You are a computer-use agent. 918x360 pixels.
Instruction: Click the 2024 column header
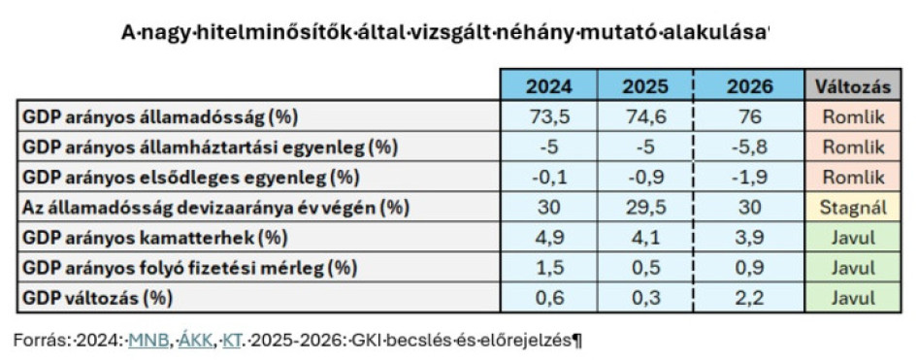548,85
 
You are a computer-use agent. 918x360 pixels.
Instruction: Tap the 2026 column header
749,85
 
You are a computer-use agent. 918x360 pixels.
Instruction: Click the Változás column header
853,85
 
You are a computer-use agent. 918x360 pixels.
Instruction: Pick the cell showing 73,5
548,116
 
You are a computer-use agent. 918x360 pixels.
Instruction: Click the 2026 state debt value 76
749,116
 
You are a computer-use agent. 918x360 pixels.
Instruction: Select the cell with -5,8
749,147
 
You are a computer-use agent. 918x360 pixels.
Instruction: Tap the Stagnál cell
853,207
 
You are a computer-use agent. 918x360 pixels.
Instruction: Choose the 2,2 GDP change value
749,297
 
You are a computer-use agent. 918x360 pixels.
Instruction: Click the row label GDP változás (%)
97,297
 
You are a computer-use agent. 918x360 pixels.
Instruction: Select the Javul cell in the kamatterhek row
853,237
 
